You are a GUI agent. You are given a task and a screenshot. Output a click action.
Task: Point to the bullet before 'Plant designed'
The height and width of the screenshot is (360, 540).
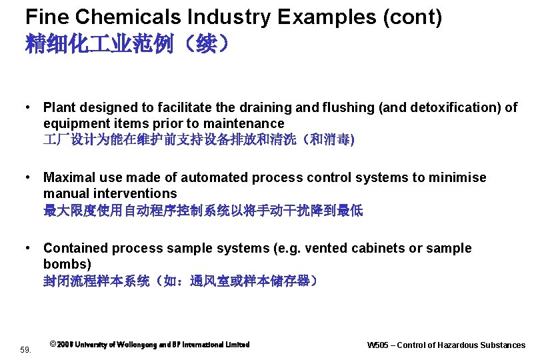(x=29, y=107)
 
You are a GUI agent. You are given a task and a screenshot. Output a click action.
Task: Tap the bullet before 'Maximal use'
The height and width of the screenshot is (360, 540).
(x=29, y=177)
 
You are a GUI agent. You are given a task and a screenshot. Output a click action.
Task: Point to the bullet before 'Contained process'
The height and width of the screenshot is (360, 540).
(x=29, y=248)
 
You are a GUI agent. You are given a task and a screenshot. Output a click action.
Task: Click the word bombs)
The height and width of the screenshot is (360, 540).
(x=67, y=264)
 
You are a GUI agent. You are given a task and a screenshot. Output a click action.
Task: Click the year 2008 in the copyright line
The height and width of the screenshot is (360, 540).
(x=65, y=345)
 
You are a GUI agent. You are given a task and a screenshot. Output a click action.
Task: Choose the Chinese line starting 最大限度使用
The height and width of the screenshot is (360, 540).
(x=203, y=210)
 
